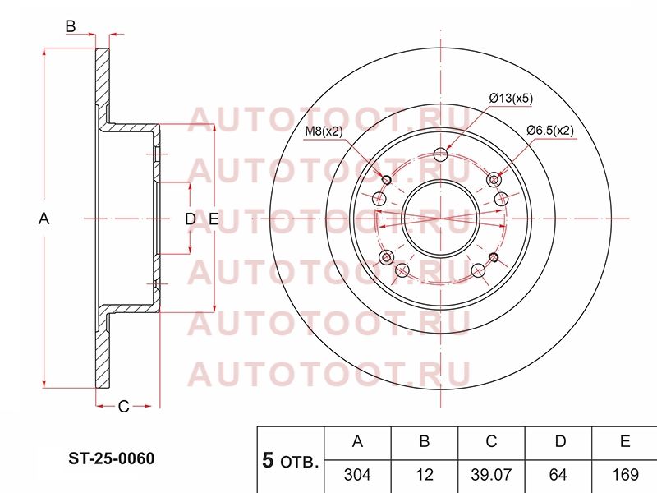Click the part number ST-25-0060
pos(112,458)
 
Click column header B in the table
pos(425,443)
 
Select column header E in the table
pos(625,443)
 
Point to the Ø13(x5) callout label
pos(511,99)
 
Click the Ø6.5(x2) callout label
pos(550,131)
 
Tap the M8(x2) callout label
pos(324,131)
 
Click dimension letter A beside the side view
pos(44,219)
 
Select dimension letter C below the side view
pos(124,406)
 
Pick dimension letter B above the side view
pos(71,26)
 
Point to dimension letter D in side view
pos(191,219)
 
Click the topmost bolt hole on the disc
pos(440,154)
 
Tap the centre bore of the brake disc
pos(440,219)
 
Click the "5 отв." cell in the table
pos(291,460)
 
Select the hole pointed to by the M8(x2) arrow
pos(387,180)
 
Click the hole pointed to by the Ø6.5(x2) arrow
pos(494,180)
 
